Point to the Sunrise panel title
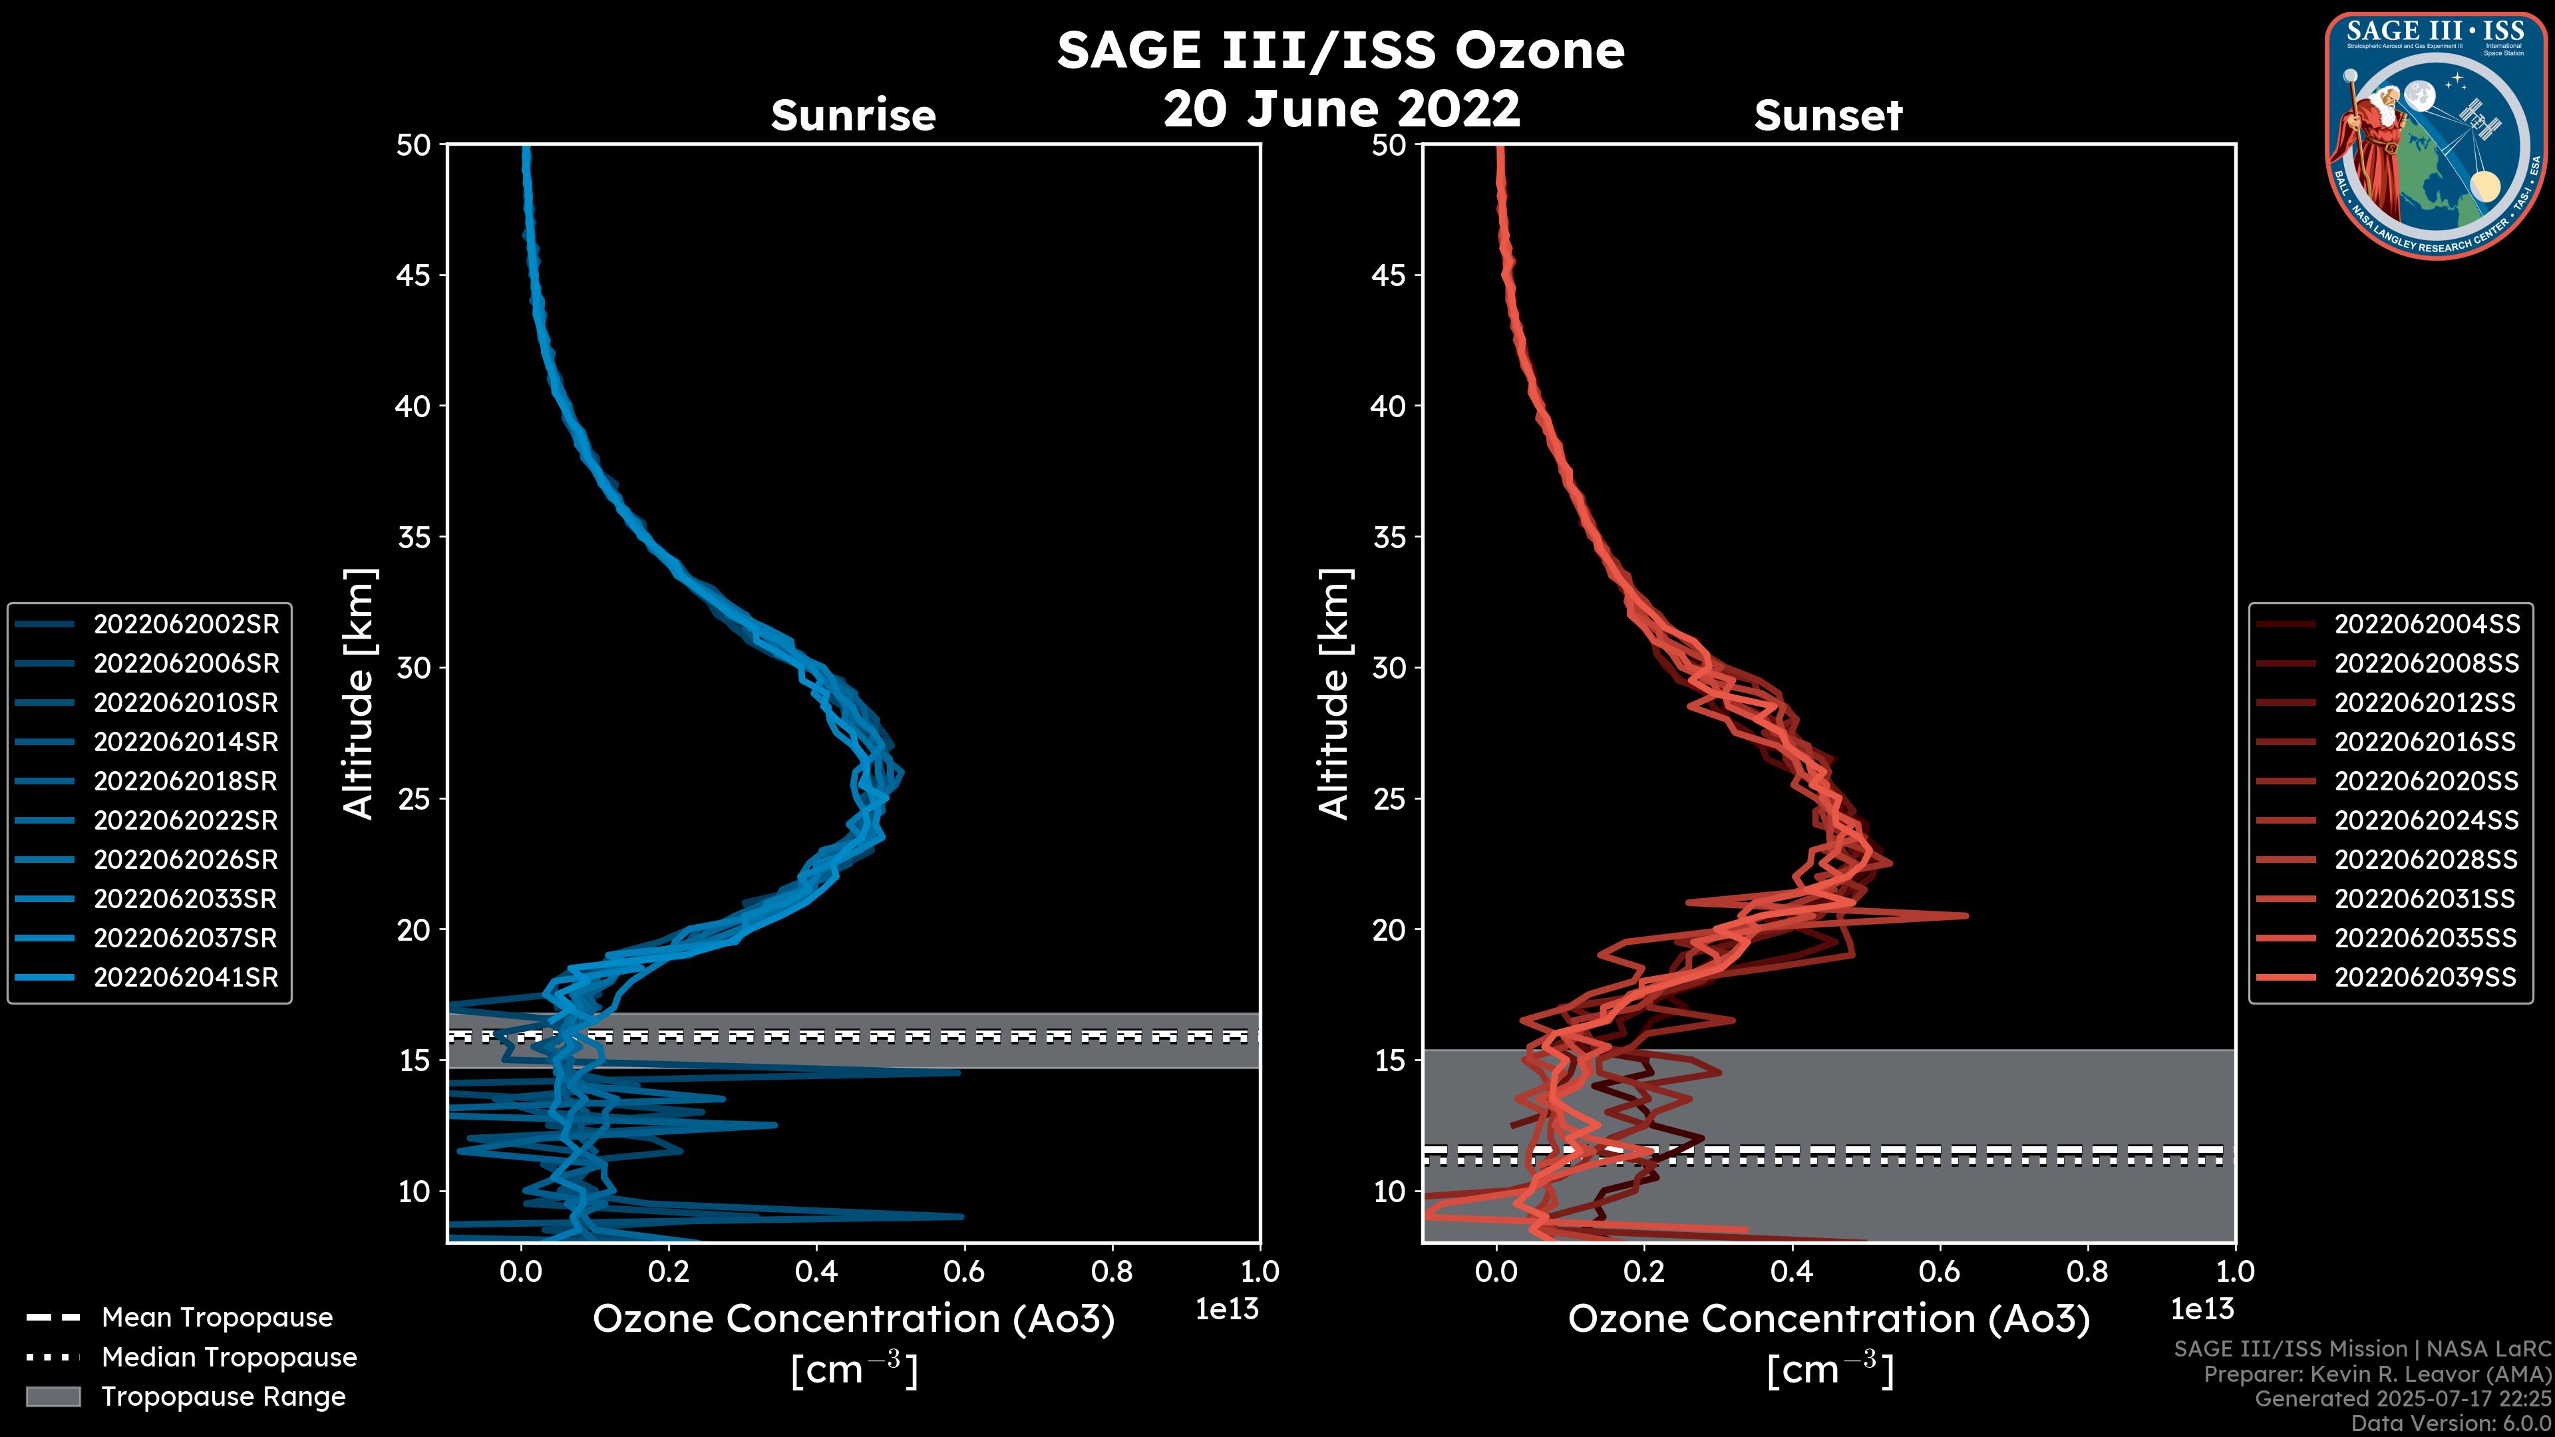(x=853, y=115)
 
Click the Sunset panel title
(x=1828, y=115)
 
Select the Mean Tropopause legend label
(x=217, y=1317)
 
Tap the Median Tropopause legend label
(x=229, y=1357)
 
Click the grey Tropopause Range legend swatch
(x=53, y=1396)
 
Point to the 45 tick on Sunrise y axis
(x=414, y=275)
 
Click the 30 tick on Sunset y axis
(x=1389, y=667)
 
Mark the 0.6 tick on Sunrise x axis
(x=964, y=1271)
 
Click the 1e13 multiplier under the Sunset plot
(x=2202, y=1309)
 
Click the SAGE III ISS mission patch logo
(x=2436, y=136)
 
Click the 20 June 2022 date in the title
(x=1341, y=108)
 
